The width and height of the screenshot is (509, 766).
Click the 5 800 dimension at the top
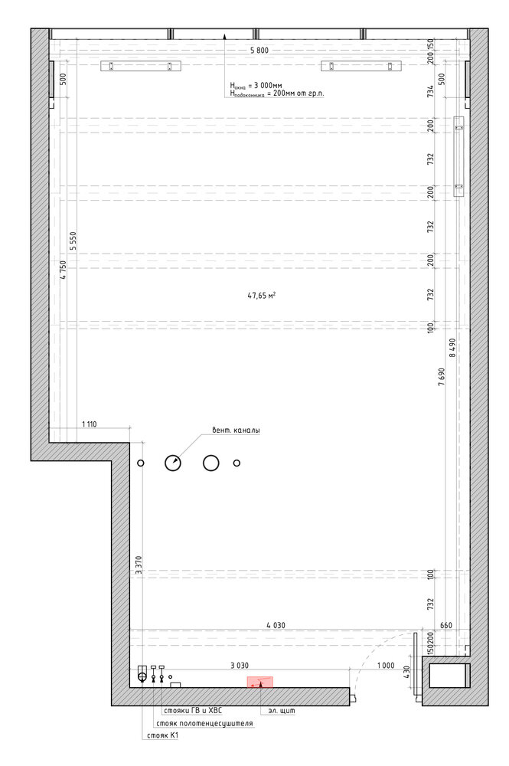click(259, 50)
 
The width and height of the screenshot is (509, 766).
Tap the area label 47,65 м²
click(261, 295)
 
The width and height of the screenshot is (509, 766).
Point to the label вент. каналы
click(236, 430)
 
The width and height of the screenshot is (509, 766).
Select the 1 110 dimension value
click(89, 424)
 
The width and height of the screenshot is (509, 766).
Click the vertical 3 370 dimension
click(139, 565)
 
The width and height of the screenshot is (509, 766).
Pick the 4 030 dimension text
click(276, 625)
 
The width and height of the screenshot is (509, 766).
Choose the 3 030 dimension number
click(239, 665)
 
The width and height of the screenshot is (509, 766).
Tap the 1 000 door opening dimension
click(386, 665)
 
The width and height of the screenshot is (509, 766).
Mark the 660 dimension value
click(446, 625)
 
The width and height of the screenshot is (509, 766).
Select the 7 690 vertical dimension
click(441, 377)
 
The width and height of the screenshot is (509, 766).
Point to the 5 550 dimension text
click(73, 241)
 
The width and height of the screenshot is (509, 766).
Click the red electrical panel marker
click(259, 682)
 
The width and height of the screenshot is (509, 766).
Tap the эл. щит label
click(282, 710)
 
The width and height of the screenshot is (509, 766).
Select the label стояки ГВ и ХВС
click(193, 710)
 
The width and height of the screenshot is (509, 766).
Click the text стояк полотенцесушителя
click(204, 723)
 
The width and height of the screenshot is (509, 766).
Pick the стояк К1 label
click(162, 735)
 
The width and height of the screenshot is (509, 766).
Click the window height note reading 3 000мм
click(256, 86)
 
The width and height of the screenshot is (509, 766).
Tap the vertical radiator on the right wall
click(458, 156)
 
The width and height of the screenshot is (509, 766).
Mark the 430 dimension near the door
click(408, 673)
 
